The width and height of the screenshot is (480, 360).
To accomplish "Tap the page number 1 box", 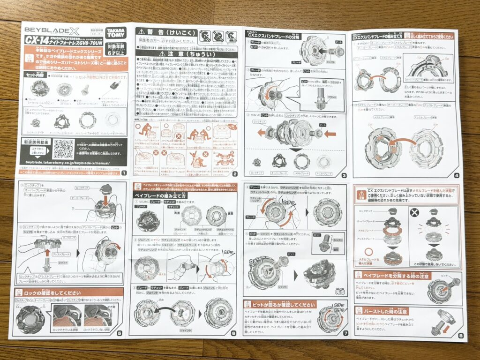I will [x=123, y=173].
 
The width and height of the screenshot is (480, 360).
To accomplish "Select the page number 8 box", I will [x=461, y=335].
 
